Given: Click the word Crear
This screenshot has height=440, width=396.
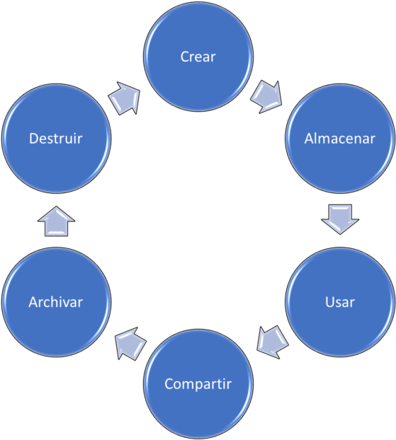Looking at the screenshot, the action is pyautogui.click(x=198, y=57).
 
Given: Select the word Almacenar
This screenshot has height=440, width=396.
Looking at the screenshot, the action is pyautogui.click(x=340, y=139).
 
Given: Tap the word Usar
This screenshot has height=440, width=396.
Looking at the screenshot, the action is pyautogui.click(x=340, y=302).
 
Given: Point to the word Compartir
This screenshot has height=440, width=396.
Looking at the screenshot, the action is pyautogui.click(x=198, y=384).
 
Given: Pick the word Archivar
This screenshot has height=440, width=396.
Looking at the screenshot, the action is pyautogui.click(x=56, y=302).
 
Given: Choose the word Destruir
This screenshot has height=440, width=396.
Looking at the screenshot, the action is pyautogui.click(x=56, y=139).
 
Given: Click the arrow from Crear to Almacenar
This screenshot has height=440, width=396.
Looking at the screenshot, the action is pyautogui.click(x=266, y=97).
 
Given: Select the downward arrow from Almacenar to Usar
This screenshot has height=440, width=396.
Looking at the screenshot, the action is pyautogui.click(x=340, y=219).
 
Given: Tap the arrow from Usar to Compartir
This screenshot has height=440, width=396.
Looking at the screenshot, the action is pyautogui.click(x=272, y=342).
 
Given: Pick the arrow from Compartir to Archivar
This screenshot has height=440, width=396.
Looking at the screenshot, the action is pyautogui.click(x=130, y=344).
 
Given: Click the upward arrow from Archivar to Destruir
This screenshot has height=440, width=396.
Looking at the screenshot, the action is pyautogui.click(x=56, y=221).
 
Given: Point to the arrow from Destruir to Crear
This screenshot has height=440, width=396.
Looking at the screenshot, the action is pyautogui.click(x=125, y=98).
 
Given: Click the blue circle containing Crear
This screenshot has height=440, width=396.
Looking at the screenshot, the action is pyautogui.click(x=198, y=57).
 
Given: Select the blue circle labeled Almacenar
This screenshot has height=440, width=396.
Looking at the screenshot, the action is pyautogui.click(x=340, y=139).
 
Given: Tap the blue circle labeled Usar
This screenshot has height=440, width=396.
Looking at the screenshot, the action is pyautogui.click(x=340, y=302).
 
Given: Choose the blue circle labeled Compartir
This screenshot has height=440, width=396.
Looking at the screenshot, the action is pyautogui.click(x=198, y=384).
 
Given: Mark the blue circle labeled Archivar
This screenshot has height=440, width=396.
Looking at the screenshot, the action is pyautogui.click(x=56, y=302).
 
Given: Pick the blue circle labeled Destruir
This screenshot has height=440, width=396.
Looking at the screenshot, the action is pyautogui.click(x=56, y=139).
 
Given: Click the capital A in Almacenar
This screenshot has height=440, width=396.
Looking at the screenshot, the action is pyautogui.click(x=309, y=139).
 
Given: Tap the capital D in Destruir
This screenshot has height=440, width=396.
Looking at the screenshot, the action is pyautogui.click(x=34, y=139).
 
